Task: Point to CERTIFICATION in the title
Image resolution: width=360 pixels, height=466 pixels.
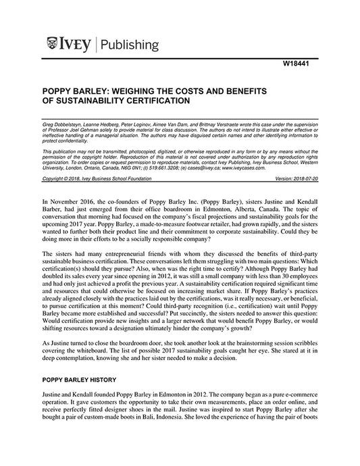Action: tap(153, 101)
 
